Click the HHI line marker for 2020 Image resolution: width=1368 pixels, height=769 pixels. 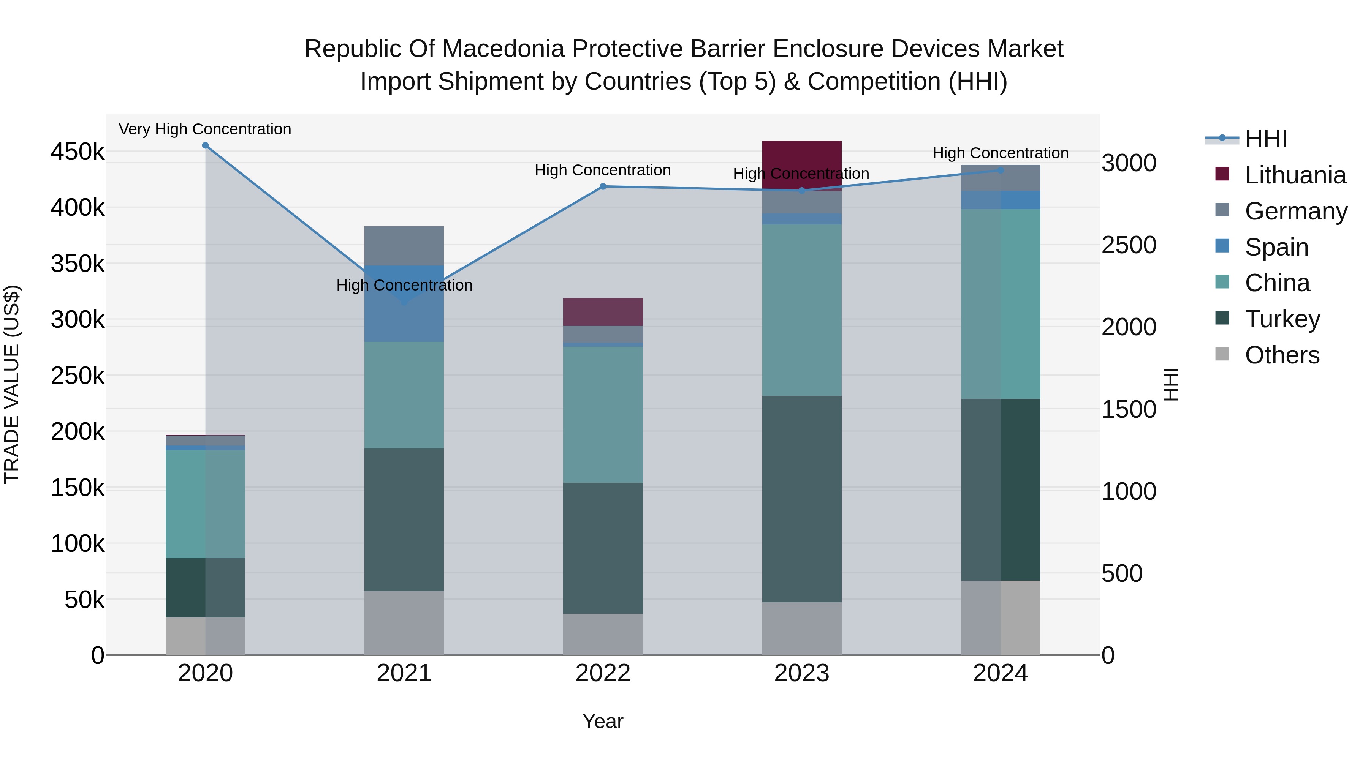point(206,145)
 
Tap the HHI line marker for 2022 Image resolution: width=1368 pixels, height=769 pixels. point(603,187)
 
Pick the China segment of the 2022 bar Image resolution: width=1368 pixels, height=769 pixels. point(603,414)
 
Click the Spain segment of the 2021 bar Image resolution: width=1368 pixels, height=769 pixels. point(404,319)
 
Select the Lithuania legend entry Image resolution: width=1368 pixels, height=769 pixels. point(1295,175)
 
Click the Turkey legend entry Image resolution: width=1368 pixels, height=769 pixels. point(1282,319)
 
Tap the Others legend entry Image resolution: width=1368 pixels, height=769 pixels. point(1282,355)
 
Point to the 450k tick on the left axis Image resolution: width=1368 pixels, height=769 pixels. point(78,152)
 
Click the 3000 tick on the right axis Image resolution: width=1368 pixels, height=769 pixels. point(1129,163)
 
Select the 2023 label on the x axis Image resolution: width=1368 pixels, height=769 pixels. point(801,673)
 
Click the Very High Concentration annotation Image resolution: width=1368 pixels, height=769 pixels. point(205,129)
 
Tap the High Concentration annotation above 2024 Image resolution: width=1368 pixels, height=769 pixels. point(1001,153)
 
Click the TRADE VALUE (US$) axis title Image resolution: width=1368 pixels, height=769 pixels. point(12,384)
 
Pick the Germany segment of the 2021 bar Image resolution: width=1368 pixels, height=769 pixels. point(404,246)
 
